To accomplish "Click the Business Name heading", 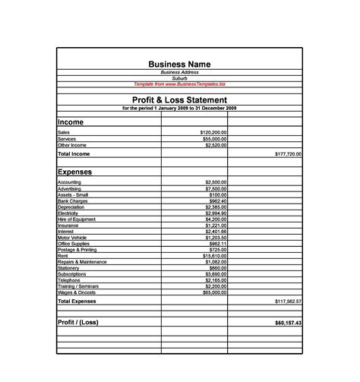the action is point(179,64).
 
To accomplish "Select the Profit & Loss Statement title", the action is point(179,99).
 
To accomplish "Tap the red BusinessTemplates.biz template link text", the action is point(179,84).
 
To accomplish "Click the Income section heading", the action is point(71,122).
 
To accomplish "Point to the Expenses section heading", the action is point(74,172).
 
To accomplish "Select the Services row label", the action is point(66,139).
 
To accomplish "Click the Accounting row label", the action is point(70,182).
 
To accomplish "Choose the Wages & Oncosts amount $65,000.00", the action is point(210,292).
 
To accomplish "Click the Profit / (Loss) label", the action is point(77,322).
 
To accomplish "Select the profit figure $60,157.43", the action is point(287,323).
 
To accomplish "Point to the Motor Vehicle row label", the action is point(72,238).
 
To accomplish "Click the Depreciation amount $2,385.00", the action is point(215,207).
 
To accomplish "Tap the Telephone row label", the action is point(68,280).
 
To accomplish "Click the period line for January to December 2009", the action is point(179,108).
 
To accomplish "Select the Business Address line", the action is point(179,72).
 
